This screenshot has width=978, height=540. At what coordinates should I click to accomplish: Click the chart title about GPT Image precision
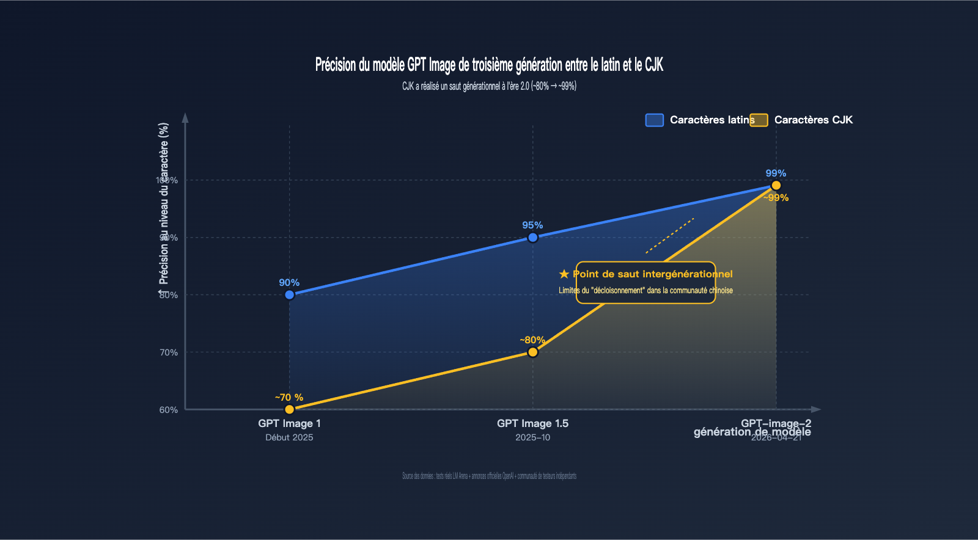coord(489,65)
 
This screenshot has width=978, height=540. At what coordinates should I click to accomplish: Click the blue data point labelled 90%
coord(290,295)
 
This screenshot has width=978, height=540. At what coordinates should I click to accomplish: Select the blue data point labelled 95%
coord(533,238)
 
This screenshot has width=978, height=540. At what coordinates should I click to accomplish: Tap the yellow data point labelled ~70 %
coord(290,409)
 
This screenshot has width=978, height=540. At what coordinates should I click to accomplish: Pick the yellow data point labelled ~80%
coord(533,352)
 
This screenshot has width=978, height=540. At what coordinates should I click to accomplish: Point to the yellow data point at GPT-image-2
coord(776,186)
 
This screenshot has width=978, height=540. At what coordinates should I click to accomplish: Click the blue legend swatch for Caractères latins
coord(655,120)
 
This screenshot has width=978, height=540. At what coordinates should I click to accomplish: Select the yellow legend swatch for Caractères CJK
coord(759,120)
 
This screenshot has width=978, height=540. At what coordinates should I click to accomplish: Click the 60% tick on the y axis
coord(169,410)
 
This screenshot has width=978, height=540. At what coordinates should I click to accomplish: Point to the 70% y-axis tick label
coord(169,352)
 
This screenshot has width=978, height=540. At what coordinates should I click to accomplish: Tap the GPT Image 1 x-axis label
coord(289,423)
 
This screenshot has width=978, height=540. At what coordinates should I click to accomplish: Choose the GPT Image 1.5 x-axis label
coord(532,423)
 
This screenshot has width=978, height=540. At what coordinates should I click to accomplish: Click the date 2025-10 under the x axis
coord(532,437)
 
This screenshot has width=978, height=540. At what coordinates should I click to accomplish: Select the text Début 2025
coord(289,437)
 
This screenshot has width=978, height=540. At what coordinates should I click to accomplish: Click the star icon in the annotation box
coord(564,274)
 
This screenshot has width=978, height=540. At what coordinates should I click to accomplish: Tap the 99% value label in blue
coord(776,173)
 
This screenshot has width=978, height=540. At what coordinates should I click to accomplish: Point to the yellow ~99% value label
coord(776,198)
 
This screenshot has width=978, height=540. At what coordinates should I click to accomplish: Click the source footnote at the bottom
coord(489,476)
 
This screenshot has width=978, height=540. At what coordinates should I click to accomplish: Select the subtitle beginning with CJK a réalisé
coord(489,86)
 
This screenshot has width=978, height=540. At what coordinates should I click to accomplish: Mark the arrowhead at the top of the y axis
coord(185,117)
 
